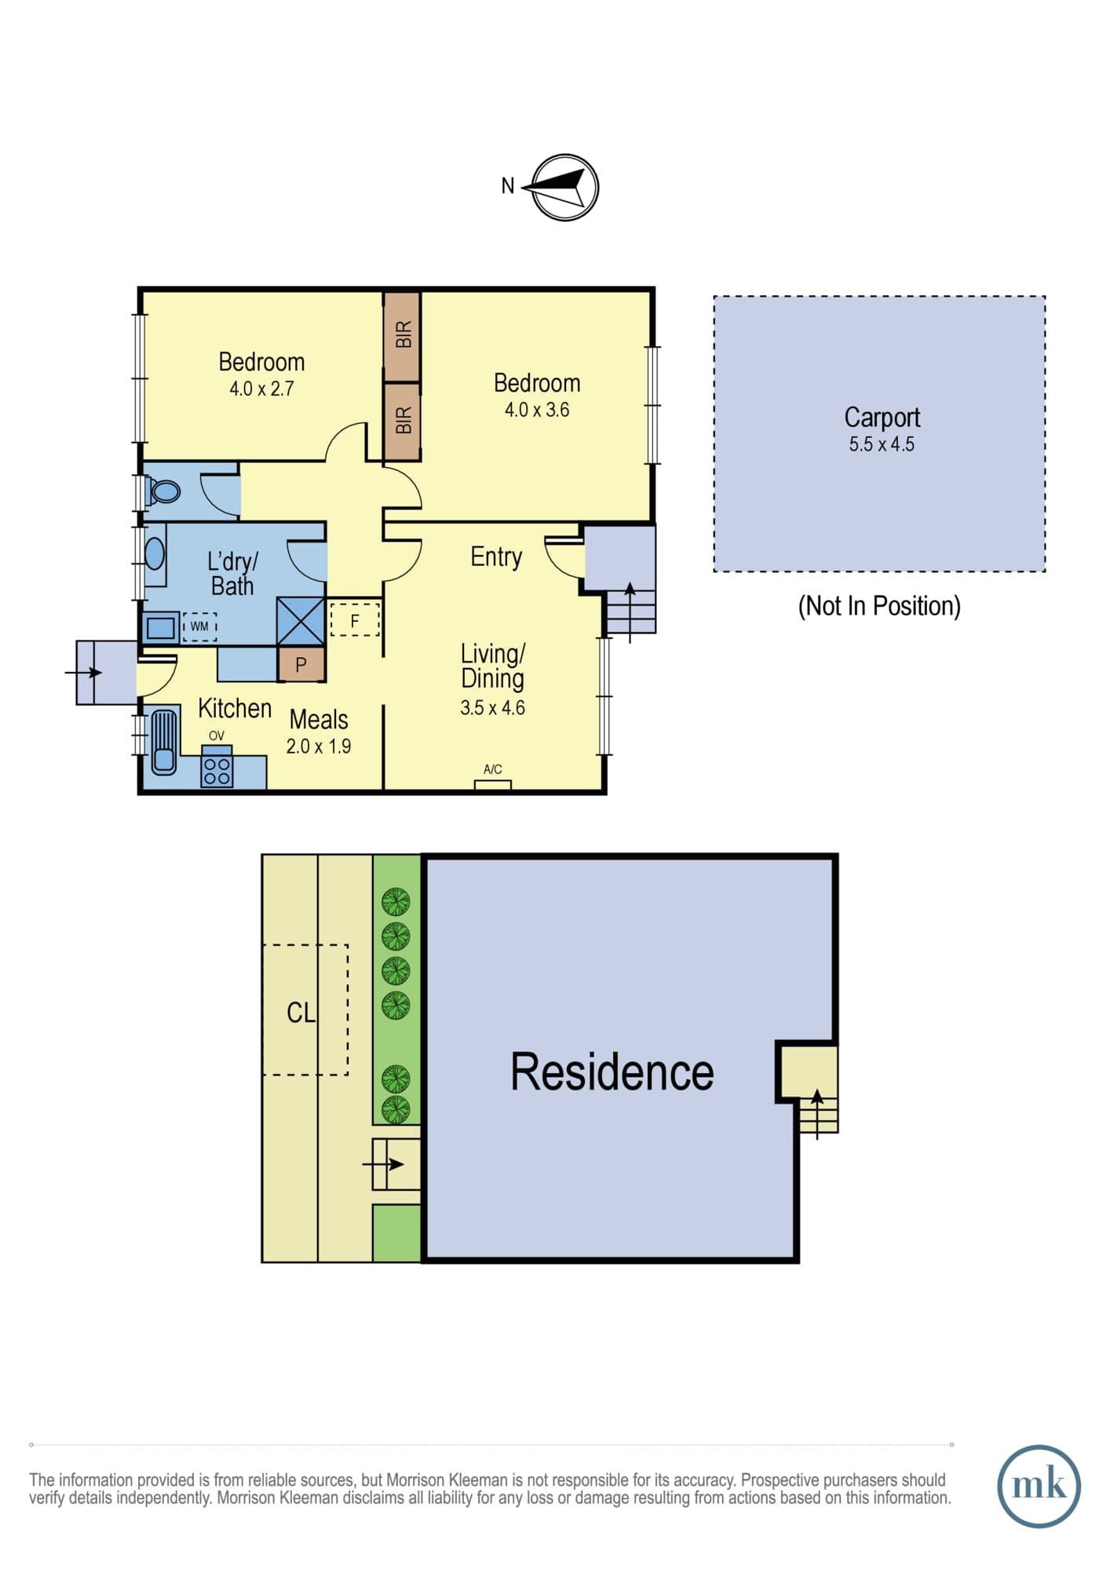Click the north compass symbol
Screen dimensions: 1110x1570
click(564, 187)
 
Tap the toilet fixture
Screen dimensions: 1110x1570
click(162, 491)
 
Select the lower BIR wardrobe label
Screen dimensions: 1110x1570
click(403, 420)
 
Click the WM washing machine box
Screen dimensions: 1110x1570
click(199, 626)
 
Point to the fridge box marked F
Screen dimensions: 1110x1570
click(355, 619)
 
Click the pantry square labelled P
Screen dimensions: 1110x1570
click(301, 665)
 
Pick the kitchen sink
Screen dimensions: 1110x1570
click(163, 742)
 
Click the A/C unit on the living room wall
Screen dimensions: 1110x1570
click(493, 784)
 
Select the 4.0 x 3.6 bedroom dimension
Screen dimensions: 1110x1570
click(537, 410)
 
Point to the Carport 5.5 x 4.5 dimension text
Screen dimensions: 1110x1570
click(882, 444)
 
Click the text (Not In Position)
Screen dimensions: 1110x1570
click(879, 606)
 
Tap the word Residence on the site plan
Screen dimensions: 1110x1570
click(612, 1072)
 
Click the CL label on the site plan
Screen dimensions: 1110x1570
click(301, 1013)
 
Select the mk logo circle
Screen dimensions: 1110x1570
click(1039, 1486)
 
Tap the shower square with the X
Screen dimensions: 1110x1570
click(301, 622)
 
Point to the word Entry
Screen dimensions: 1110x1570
click(496, 557)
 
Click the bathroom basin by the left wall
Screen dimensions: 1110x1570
click(155, 553)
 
